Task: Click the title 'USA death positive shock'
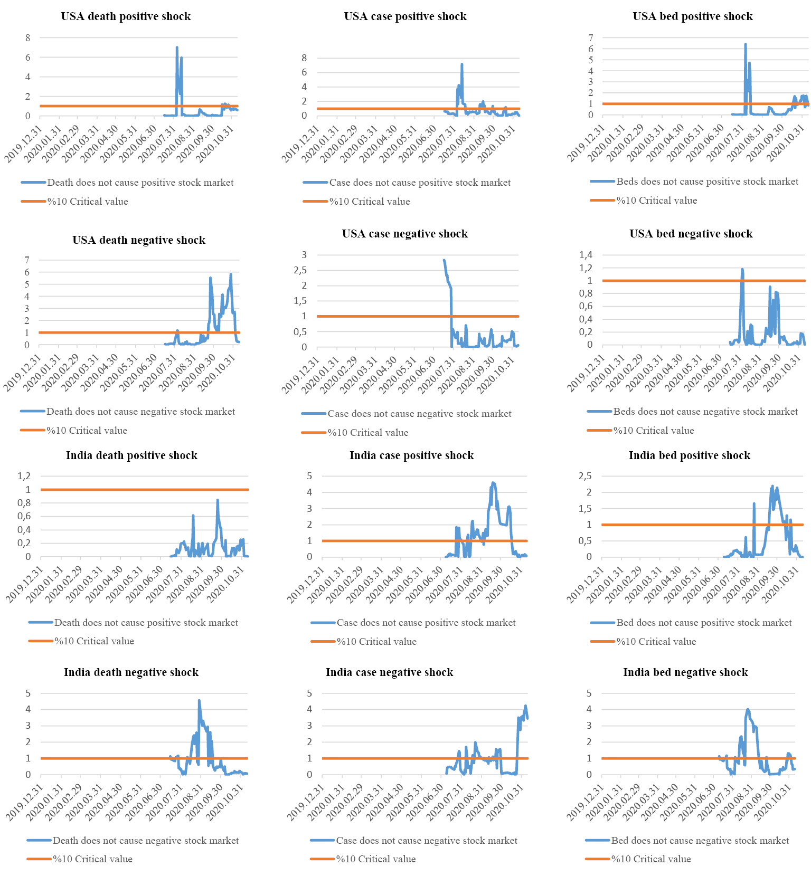point(126,16)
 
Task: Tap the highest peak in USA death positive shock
point(177,47)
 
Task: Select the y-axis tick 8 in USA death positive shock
point(27,38)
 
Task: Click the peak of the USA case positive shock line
point(462,64)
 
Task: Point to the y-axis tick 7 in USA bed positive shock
point(591,37)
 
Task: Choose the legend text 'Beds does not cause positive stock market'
point(707,182)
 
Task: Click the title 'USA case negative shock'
point(405,234)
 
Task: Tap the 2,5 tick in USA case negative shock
point(300,270)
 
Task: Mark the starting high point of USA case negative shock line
point(444,260)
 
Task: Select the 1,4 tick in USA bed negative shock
point(586,255)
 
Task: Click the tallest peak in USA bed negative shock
point(742,269)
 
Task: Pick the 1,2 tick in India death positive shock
point(24,476)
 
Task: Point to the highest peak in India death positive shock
point(218,500)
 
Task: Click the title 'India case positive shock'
point(411,455)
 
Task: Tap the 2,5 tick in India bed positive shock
point(585,476)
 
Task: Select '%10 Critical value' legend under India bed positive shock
point(656,642)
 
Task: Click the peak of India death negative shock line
point(199,701)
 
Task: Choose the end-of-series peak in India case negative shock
point(525,706)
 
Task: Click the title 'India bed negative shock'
point(685,672)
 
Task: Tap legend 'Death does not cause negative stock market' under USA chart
point(140,412)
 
